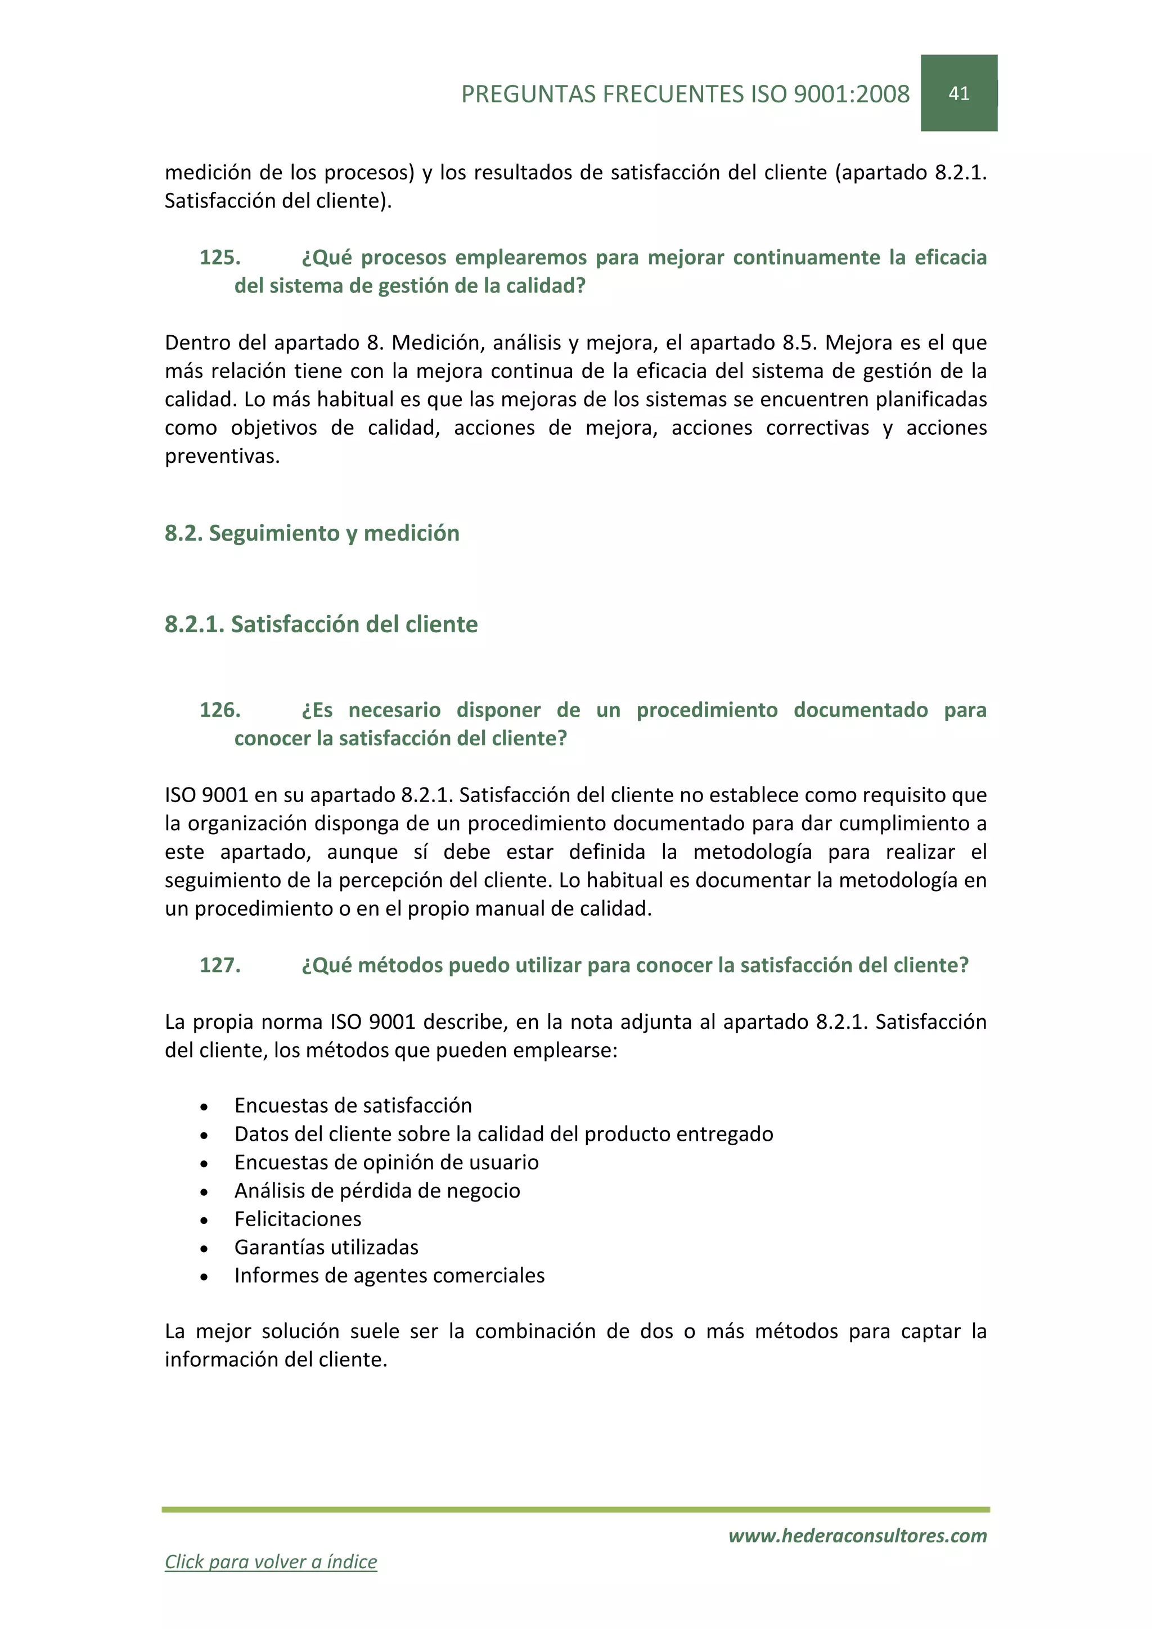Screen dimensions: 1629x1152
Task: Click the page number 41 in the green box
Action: (958, 93)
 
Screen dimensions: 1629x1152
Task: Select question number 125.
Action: (220, 257)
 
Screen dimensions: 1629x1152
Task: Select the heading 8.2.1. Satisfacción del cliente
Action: (321, 624)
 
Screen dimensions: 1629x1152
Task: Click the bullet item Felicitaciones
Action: (298, 1219)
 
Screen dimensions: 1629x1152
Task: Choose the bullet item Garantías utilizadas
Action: (326, 1247)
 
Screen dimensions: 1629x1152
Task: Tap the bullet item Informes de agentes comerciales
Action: (389, 1276)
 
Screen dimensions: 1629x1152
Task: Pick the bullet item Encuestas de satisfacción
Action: (353, 1105)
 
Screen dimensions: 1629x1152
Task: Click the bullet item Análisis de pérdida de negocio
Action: (377, 1191)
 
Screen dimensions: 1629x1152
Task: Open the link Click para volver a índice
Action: (271, 1561)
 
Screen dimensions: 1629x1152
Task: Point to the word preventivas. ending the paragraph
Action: (222, 456)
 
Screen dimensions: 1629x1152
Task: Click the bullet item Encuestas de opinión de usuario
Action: (386, 1162)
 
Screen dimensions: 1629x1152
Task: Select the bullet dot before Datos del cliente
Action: (204, 1135)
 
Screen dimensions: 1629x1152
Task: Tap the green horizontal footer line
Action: (575, 1510)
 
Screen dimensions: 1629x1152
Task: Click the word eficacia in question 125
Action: (950, 257)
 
